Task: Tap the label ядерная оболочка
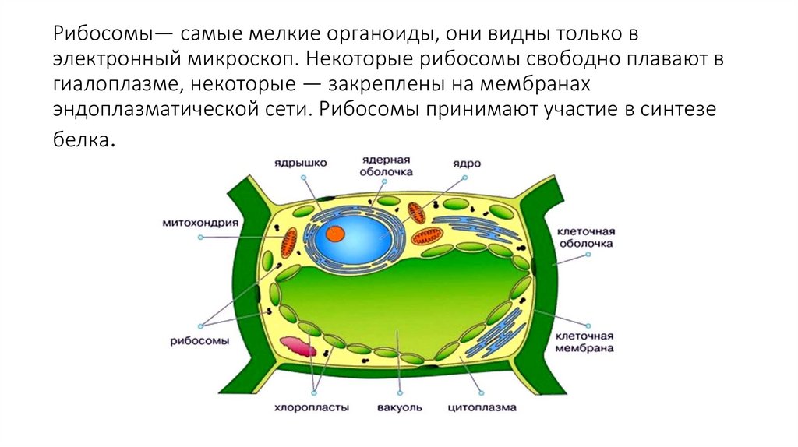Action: coord(387,165)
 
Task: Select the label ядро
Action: coord(468,164)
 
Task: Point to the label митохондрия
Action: coord(199,221)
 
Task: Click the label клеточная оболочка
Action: coord(586,237)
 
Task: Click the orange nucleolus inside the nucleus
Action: coord(335,233)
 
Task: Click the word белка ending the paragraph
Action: coord(83,139)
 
